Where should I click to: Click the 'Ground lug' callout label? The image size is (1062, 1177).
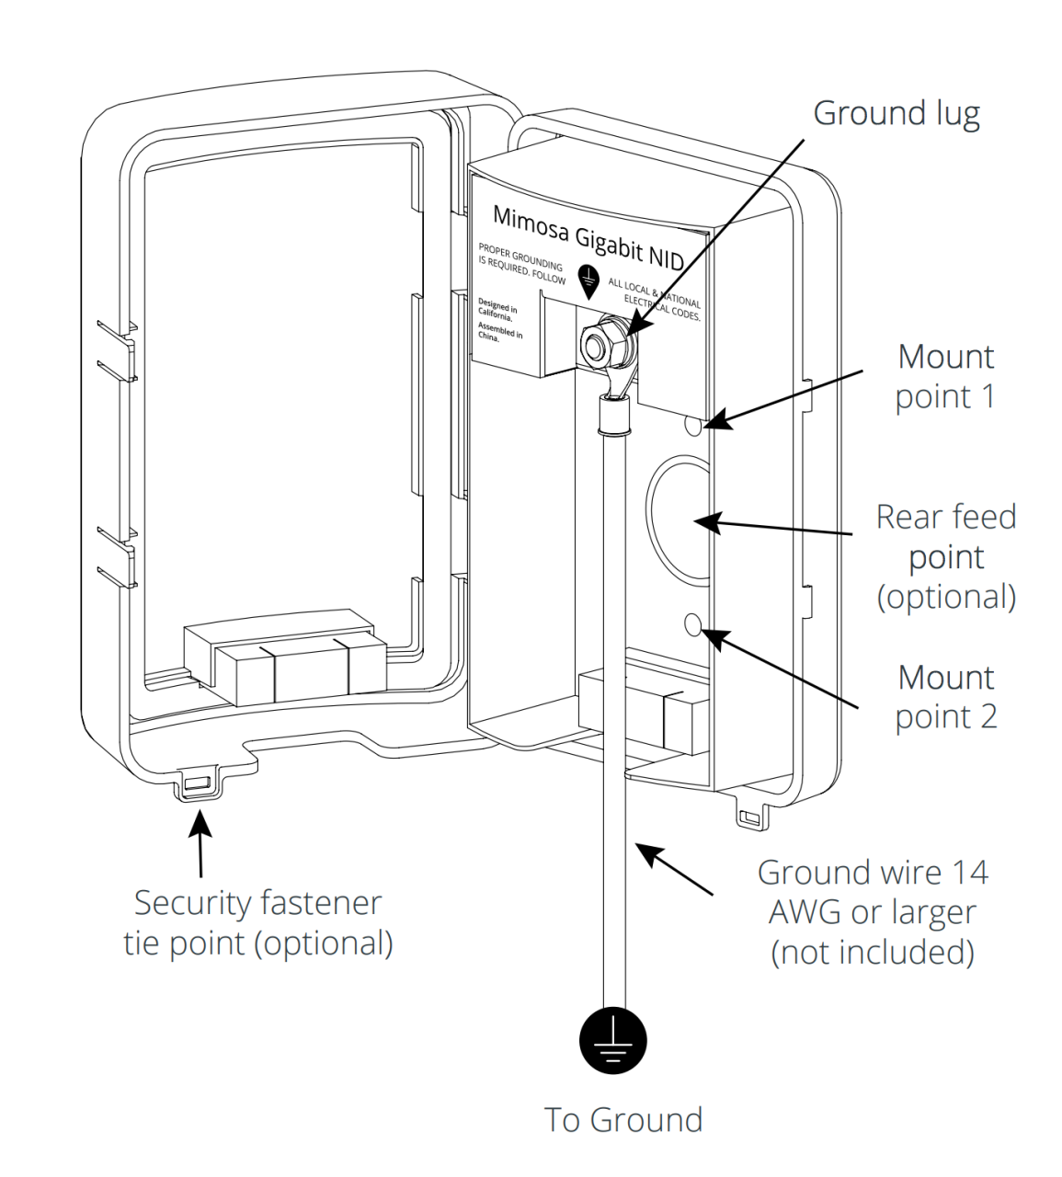point(896,113)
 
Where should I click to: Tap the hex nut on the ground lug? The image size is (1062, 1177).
point(599,342)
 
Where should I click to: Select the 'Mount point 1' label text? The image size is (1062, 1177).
point(945,376)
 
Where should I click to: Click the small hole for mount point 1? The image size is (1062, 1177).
point(694,426)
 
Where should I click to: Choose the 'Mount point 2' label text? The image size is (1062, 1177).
point(945,697)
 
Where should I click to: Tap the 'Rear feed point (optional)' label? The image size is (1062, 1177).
point(945,556)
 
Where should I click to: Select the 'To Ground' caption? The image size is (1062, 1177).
point(622,1120)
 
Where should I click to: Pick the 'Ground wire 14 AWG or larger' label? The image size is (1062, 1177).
point(873,911)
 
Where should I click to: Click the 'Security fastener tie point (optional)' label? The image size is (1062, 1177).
point(258,922)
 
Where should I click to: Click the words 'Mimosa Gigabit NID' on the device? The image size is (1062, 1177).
point(588,237)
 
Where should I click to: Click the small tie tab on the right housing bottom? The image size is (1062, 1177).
point(749,817)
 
